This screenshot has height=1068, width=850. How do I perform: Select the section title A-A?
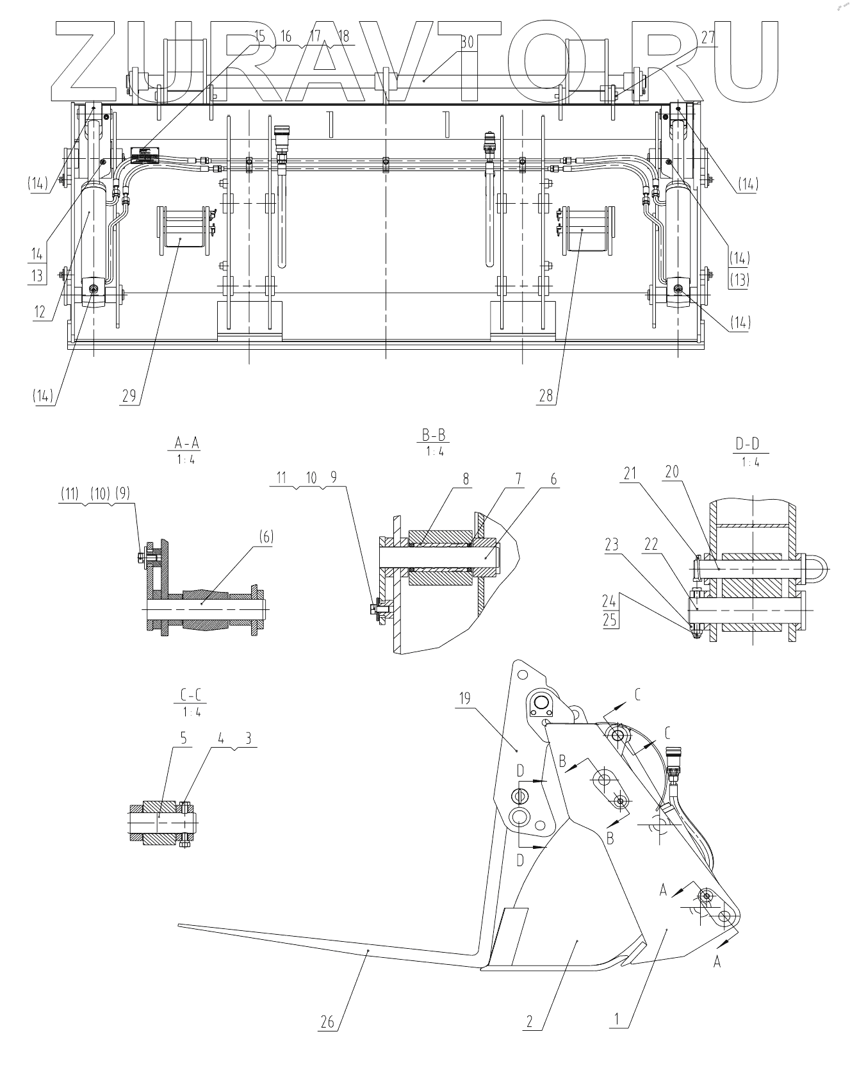[x=186, y=441]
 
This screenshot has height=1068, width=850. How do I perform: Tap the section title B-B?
[x=434, y=435]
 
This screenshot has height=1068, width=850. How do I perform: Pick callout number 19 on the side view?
[x=464, y=698]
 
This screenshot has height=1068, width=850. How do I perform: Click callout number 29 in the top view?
[x=129, y=396]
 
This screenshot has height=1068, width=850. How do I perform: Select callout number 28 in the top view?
[x=546, y=396]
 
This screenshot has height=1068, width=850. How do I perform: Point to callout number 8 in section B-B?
[x=466, y=479]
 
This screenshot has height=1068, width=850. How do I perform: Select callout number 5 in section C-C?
[x=183, y=738]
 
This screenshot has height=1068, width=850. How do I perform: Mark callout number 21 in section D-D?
[x=630, y=473]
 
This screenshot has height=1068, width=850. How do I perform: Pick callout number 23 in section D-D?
[x=612, y=545]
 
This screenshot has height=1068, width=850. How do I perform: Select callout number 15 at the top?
[x=259, y=36]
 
